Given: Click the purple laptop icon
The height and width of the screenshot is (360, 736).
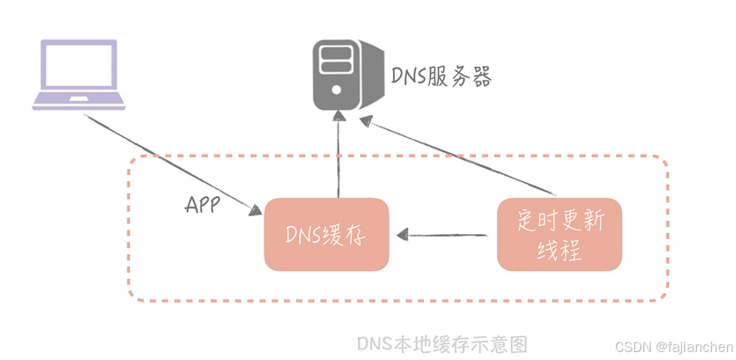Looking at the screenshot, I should pos(79,74).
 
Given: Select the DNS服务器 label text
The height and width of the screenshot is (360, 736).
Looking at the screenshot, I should pos(442,76).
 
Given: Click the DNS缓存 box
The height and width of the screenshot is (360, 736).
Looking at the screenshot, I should pos(326,234).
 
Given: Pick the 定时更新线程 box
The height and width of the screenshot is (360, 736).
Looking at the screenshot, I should pos(560,234).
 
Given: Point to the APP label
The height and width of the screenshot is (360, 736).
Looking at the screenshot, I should pos(202,205).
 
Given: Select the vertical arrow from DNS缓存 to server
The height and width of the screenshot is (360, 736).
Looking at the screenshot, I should pos(338,157).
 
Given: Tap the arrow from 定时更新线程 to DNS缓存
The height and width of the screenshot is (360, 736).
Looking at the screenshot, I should pos(445,235).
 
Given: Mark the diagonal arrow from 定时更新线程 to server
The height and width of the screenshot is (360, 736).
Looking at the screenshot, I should pos(459,159).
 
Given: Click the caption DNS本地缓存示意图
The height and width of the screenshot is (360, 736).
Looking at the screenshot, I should pos(442,343).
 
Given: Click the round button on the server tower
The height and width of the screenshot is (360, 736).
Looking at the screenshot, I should pos(336,90).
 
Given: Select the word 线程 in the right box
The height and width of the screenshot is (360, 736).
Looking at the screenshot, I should pos(560,250).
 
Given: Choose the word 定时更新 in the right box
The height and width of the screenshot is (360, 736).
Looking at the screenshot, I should pos(560,219).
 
